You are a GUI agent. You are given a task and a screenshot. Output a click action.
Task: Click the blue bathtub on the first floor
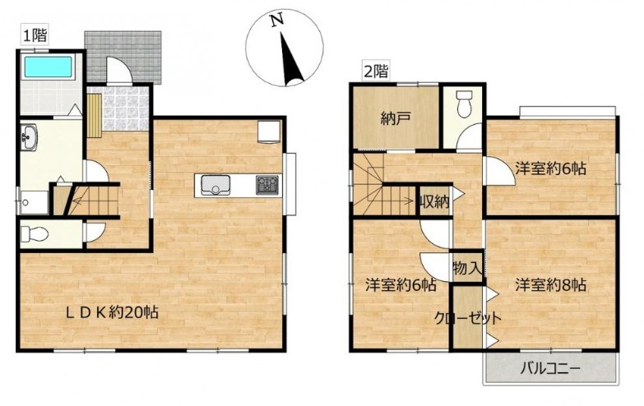pos(48,67)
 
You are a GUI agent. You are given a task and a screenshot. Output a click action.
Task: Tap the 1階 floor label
pos(35,36)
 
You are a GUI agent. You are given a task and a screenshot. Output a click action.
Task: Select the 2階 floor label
pos(376,72)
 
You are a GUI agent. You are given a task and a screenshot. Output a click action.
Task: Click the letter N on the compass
pos(277,20)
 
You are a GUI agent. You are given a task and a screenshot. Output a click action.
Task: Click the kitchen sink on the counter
pos(215,185)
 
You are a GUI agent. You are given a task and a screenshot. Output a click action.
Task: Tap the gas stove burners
pos(267,185)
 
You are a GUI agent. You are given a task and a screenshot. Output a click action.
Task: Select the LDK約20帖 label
pos(113,313)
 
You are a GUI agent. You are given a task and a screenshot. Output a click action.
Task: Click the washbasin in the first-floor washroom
pos(29,136)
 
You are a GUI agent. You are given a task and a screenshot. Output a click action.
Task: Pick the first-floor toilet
pos(34,234)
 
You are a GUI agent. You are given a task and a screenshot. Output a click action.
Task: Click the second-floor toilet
pos(464,104)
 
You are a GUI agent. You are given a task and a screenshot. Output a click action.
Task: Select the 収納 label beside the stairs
pos(434,202)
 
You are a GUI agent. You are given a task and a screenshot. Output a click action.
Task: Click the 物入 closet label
pos(467,269)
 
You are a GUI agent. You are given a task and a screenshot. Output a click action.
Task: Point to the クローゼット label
pos(468,318)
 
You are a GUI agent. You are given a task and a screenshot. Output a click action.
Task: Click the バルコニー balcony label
pos(550,369)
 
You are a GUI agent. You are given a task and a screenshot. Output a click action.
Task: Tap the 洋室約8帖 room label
pos(550,284)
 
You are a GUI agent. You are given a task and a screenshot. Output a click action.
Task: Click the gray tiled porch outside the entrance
pos(123,57)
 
